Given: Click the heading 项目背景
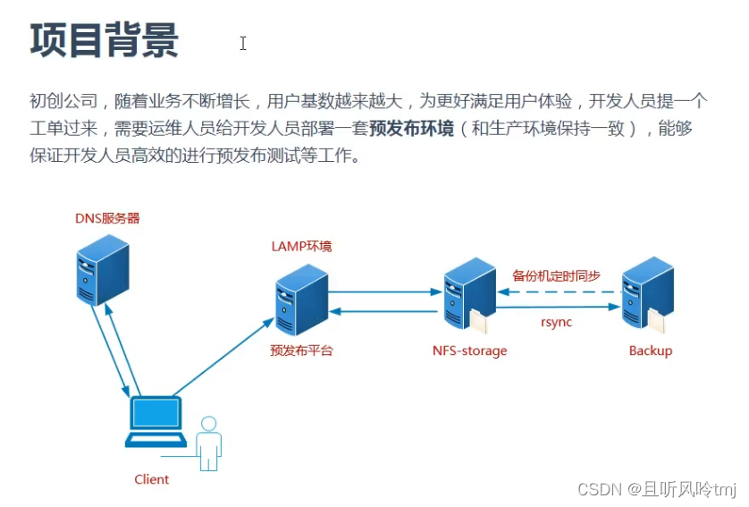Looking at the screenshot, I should pos(105,41).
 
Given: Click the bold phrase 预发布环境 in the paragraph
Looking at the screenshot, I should pos(411,128).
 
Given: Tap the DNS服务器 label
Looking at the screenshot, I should pos(107,218).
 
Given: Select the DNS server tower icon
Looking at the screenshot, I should pos(101,270).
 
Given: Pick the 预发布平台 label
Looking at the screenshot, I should pos(301,351).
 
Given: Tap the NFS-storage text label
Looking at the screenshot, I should pos(469,351).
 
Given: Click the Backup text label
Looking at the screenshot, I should pos(650,351).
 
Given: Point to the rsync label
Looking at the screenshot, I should pos(556,322).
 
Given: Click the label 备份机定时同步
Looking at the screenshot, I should pos(556,275).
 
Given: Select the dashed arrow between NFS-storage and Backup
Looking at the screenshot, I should pos(559,291).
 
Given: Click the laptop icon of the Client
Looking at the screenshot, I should pos(156,421).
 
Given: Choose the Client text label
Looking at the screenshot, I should pos(151,479).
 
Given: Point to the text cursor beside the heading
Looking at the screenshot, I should pos(242,43).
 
